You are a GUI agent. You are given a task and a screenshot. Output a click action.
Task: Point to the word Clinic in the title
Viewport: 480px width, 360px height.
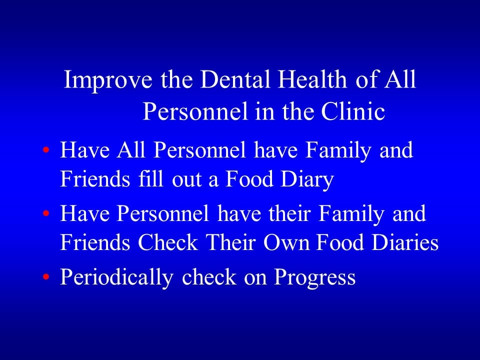(x=353, y=112)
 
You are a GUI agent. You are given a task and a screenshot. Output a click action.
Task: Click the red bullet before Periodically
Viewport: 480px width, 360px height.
(x=46, y=277)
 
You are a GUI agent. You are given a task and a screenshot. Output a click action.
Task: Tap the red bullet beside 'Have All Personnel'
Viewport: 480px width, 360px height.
(x=46, y=150)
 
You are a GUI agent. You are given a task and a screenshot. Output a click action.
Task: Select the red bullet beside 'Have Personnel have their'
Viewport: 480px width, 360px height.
(x=46, y=214)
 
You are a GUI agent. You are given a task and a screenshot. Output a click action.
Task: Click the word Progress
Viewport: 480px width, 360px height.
(x=314, y=278)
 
